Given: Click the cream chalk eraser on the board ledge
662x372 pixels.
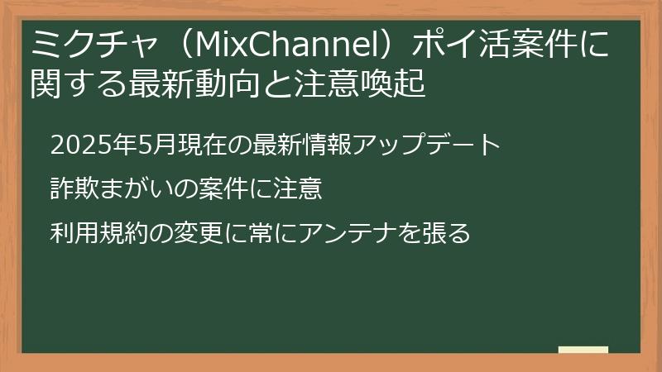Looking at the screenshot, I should pos(583,350).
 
